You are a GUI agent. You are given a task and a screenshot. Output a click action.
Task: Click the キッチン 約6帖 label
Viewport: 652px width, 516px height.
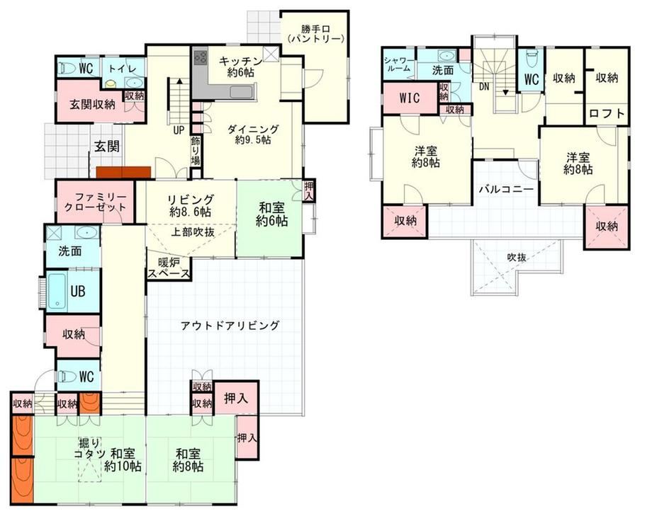240,67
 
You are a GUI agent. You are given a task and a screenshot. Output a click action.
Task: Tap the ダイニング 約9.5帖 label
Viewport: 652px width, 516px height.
253,134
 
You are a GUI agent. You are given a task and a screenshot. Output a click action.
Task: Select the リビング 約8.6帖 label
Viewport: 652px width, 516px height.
191,205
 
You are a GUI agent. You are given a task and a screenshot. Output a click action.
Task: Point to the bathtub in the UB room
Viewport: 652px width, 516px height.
57,291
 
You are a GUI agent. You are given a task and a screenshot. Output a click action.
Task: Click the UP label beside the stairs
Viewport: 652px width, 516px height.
179,130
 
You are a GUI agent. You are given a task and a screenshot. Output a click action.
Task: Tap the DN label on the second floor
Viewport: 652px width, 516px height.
484,87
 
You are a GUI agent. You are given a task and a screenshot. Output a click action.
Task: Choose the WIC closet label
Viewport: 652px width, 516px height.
410,98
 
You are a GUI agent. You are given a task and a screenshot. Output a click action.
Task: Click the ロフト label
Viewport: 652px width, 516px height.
607,113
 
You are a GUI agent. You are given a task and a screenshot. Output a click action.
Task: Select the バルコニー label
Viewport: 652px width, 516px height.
506,190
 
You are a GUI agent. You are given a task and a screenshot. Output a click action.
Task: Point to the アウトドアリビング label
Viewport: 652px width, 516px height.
230,326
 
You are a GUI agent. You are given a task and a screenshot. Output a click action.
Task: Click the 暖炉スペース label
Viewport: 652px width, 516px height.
169,268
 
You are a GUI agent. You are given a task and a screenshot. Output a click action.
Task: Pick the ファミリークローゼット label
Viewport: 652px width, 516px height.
95,202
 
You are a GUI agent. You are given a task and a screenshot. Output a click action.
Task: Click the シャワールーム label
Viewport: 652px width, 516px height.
399,64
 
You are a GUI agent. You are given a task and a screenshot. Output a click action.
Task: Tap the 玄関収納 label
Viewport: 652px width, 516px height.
92,105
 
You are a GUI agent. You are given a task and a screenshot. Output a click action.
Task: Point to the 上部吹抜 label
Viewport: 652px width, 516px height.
193,232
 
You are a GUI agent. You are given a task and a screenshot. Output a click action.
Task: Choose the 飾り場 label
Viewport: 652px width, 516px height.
196,151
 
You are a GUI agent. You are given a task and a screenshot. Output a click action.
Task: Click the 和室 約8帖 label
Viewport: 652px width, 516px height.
188,460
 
